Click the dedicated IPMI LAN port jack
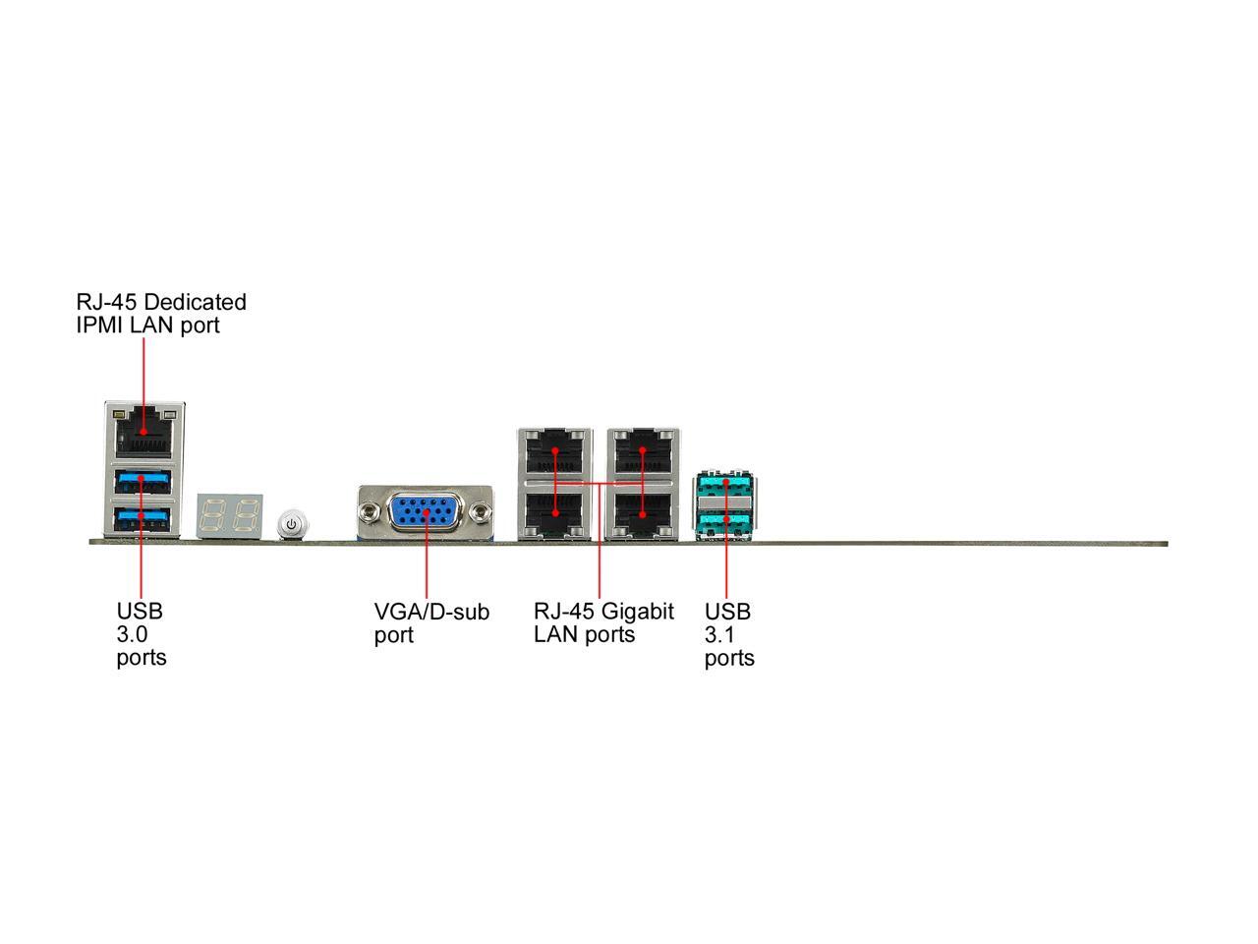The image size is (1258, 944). pos(143,434)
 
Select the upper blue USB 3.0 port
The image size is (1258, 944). pos(143,482)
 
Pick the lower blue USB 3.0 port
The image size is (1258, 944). pos(143,519)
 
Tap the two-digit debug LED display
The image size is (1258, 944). pos(229,516)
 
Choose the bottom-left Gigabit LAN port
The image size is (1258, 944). pos(554,512)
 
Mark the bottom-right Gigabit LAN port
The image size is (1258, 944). pos(643,512)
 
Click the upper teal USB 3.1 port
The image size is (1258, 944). pos(725,486)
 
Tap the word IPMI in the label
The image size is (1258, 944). pos(100,324)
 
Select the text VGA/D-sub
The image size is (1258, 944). pos(431,612)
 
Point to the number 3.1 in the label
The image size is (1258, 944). pos(719,634)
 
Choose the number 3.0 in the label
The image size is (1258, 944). pos(132,634)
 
